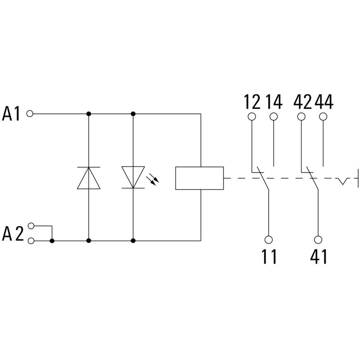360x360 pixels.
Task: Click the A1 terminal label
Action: (x=12, y=114)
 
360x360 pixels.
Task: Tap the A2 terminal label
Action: (x=12, y=234)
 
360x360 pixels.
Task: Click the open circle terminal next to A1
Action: (x=30, y=114)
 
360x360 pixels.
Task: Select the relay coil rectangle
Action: (x=199, y=178)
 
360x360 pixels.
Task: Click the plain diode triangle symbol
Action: (x=89, y=177)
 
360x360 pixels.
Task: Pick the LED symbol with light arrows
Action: (x=133, y=177)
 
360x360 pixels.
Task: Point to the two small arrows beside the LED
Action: (x=154, y=180)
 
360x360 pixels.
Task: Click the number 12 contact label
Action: (x=252, y=103)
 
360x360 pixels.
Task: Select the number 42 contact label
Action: (x=302, y=103)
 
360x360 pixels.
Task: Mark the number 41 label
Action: (x=319, y=257)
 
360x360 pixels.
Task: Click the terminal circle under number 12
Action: (x=252, y=117)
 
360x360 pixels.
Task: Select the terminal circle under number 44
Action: (x=323, y=117)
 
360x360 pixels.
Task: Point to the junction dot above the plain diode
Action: (x=89, y=114)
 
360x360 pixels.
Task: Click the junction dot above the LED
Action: (x=133, y=114)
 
